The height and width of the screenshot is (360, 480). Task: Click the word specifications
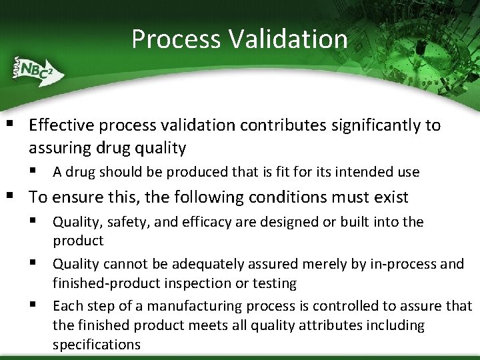(96, 345)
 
